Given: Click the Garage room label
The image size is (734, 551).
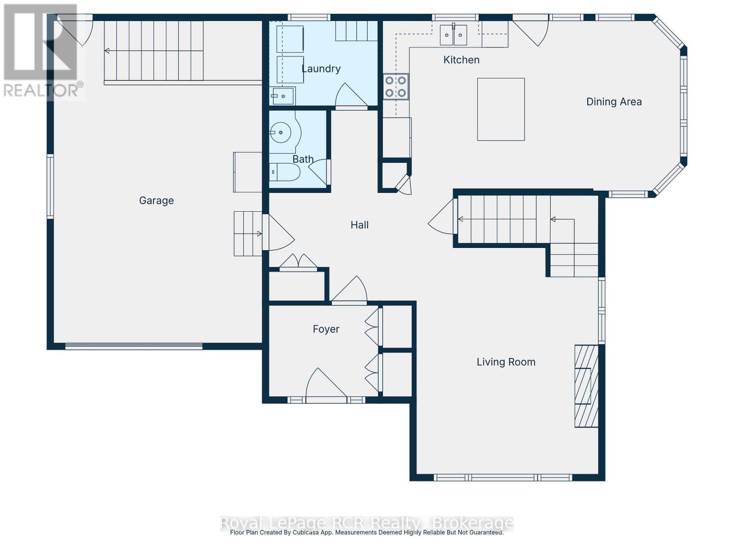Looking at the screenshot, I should [x=156, y=201].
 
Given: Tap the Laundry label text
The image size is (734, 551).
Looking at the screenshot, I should [x=321, y=69].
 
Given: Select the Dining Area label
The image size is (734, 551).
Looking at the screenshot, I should [x=614, y=102].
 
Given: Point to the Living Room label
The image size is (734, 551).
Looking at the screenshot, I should [x=506, y=362].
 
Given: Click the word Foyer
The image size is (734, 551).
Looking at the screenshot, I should [x=326, y=329].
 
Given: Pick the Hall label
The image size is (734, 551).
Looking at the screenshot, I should [x=360, y=225].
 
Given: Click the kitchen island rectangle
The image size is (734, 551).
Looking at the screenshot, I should [x=500, y=109].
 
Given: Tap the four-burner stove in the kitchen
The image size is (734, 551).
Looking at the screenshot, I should [x=396, y=86].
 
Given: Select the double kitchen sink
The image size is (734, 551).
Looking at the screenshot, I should [x=453, y=35].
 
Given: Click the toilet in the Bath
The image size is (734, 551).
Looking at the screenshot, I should [x=284, y=173].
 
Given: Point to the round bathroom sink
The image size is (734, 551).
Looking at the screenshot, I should [x=280, y=133].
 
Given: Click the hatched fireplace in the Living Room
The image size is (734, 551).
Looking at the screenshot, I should [x=586, y=386].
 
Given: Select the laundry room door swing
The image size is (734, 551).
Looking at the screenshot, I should [x=351, y=96].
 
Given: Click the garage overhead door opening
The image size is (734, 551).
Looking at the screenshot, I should [x=133, y=346].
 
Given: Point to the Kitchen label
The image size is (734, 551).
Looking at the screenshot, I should [x=462, y=60].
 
